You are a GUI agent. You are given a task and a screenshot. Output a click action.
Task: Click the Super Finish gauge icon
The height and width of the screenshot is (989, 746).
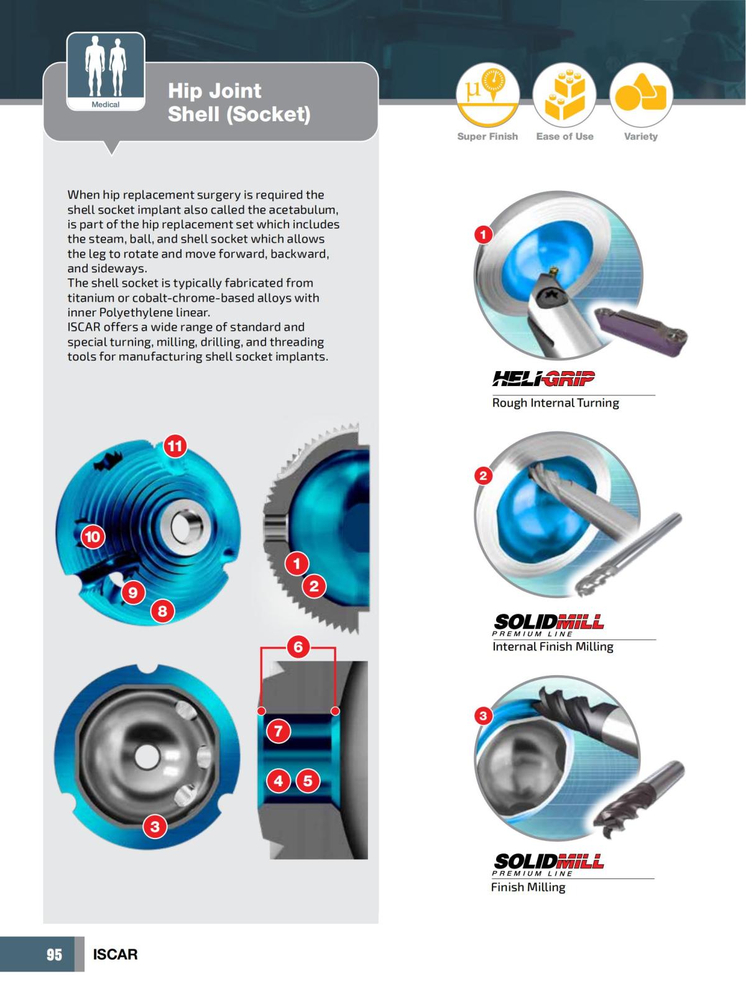(x=487, y=94)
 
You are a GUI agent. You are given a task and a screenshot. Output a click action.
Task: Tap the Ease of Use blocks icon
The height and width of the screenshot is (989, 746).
(x=564, y=94)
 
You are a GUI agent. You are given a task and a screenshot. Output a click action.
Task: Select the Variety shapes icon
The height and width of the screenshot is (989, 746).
(x=641, y=94)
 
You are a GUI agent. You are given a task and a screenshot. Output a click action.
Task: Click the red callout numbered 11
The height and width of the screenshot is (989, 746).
(x=175, y=446)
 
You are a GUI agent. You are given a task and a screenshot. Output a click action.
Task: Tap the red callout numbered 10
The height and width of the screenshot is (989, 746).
(x=93, y=536)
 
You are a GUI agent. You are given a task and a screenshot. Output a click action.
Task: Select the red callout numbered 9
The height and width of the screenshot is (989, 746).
(x=133, y=592)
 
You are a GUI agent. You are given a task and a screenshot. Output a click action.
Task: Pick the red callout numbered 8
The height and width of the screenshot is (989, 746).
(x=162, y=611)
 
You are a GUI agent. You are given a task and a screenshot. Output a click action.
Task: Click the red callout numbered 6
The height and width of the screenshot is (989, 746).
(x=298, y=647)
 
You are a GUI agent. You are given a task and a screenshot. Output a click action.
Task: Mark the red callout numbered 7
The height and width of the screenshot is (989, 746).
(x=279, y=731)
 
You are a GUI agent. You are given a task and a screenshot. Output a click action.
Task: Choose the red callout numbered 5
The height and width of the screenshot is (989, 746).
(x=308, y=781)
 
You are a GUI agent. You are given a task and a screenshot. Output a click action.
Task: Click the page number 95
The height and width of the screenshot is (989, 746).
(x=54, y=954)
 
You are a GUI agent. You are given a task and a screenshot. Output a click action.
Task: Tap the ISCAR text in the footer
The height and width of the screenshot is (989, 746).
(x=115, y=954)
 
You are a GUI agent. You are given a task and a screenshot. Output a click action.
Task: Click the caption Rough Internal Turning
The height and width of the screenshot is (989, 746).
(x=555, y=403)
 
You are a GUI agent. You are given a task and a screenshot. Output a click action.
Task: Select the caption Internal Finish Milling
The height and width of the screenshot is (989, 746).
(x=553, y=646)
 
